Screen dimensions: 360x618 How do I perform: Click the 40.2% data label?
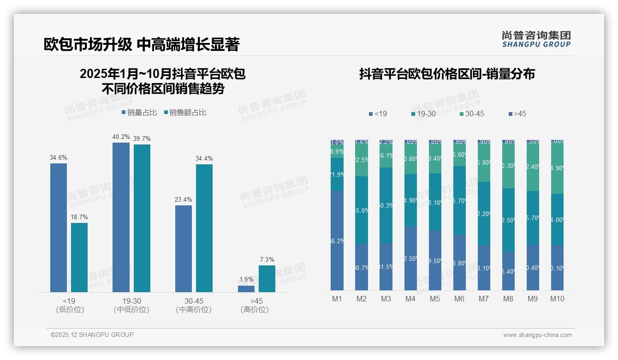(121, 137)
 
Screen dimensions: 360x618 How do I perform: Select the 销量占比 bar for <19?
(59, 228)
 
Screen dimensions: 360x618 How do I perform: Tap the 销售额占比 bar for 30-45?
(204, 228)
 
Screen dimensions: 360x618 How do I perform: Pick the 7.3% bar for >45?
(267, 279)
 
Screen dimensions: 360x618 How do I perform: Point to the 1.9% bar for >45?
(246, 289)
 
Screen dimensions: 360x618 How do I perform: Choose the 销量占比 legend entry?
(139, 113)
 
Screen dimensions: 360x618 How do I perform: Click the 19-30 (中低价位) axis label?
(131, 305)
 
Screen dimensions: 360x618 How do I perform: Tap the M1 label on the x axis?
(337, 299)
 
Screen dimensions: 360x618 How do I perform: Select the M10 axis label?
(557, 299)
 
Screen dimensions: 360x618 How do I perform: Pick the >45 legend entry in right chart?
(517, 114)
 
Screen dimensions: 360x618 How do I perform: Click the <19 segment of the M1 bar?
(337, 240)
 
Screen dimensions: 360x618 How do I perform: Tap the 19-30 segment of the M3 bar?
(386, 205)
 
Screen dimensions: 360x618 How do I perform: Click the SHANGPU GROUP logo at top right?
(536, 39)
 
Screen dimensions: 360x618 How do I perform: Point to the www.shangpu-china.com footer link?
(537, 335)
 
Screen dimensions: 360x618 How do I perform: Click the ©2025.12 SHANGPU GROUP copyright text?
(92, 335)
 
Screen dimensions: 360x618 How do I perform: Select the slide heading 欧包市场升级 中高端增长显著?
(142, 44)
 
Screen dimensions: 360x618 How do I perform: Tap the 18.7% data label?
(79, 217)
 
